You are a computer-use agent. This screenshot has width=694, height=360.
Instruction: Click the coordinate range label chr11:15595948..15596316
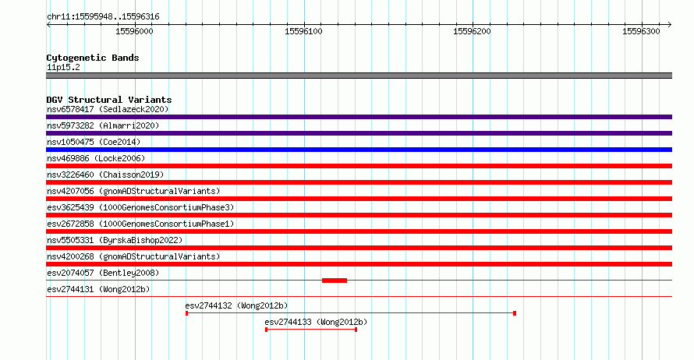coord(103,17)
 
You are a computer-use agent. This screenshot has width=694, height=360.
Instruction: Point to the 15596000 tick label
coord(134,31)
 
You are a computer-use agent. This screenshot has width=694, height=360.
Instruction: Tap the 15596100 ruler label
coord(303,31)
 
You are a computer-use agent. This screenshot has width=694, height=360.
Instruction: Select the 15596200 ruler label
coord(472,31)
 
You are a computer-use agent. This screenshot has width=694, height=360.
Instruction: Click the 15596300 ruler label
coord(641,31)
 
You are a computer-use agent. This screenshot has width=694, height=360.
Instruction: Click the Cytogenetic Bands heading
coord(93,58)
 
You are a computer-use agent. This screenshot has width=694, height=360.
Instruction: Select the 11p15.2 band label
coord(63,67)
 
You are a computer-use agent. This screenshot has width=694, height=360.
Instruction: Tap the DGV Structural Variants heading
coord(109,100)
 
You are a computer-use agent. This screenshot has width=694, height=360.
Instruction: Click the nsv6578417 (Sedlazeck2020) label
coord(108,109)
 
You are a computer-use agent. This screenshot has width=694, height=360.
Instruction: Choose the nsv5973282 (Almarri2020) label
coord(103,125)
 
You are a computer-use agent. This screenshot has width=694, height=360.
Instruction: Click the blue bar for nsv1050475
coord(359,150)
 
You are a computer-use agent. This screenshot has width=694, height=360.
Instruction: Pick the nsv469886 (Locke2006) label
coord(96,158)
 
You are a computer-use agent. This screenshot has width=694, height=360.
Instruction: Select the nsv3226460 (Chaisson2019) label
coord(105,175)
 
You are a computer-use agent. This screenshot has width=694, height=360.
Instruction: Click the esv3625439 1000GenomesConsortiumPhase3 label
coord(140,207)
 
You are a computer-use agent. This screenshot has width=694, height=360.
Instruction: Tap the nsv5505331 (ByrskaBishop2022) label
coord(115,240)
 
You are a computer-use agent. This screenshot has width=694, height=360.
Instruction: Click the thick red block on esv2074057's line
coord(335,281)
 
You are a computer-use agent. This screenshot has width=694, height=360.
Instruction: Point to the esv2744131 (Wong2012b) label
coord(98,289)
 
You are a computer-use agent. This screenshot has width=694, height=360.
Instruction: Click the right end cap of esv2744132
coord(515,313)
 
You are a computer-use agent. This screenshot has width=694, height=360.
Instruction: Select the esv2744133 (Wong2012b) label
coord(316,322)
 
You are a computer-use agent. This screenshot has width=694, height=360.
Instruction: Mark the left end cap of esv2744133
coord(266,330)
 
